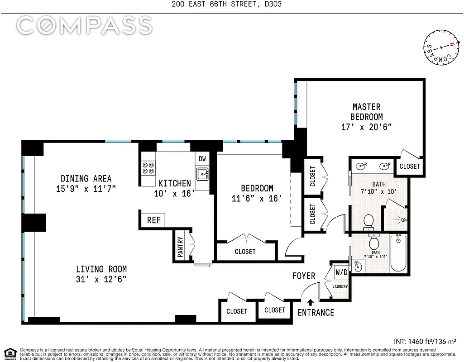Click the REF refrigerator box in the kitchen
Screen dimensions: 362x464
point(154,220)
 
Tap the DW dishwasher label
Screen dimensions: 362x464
point(202,159)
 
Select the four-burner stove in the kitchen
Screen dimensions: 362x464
point(148,168)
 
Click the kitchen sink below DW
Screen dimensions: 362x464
point(202,173)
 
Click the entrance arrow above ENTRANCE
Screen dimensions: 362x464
point(311,302)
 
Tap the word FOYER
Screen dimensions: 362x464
point(304,276)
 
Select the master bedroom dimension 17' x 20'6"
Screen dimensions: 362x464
point(366,127)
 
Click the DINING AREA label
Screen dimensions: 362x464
point(86,178)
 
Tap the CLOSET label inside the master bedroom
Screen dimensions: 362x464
point(410,166)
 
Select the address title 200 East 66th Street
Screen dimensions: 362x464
point(231,5)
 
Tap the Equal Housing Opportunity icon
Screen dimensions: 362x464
point(9,353)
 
